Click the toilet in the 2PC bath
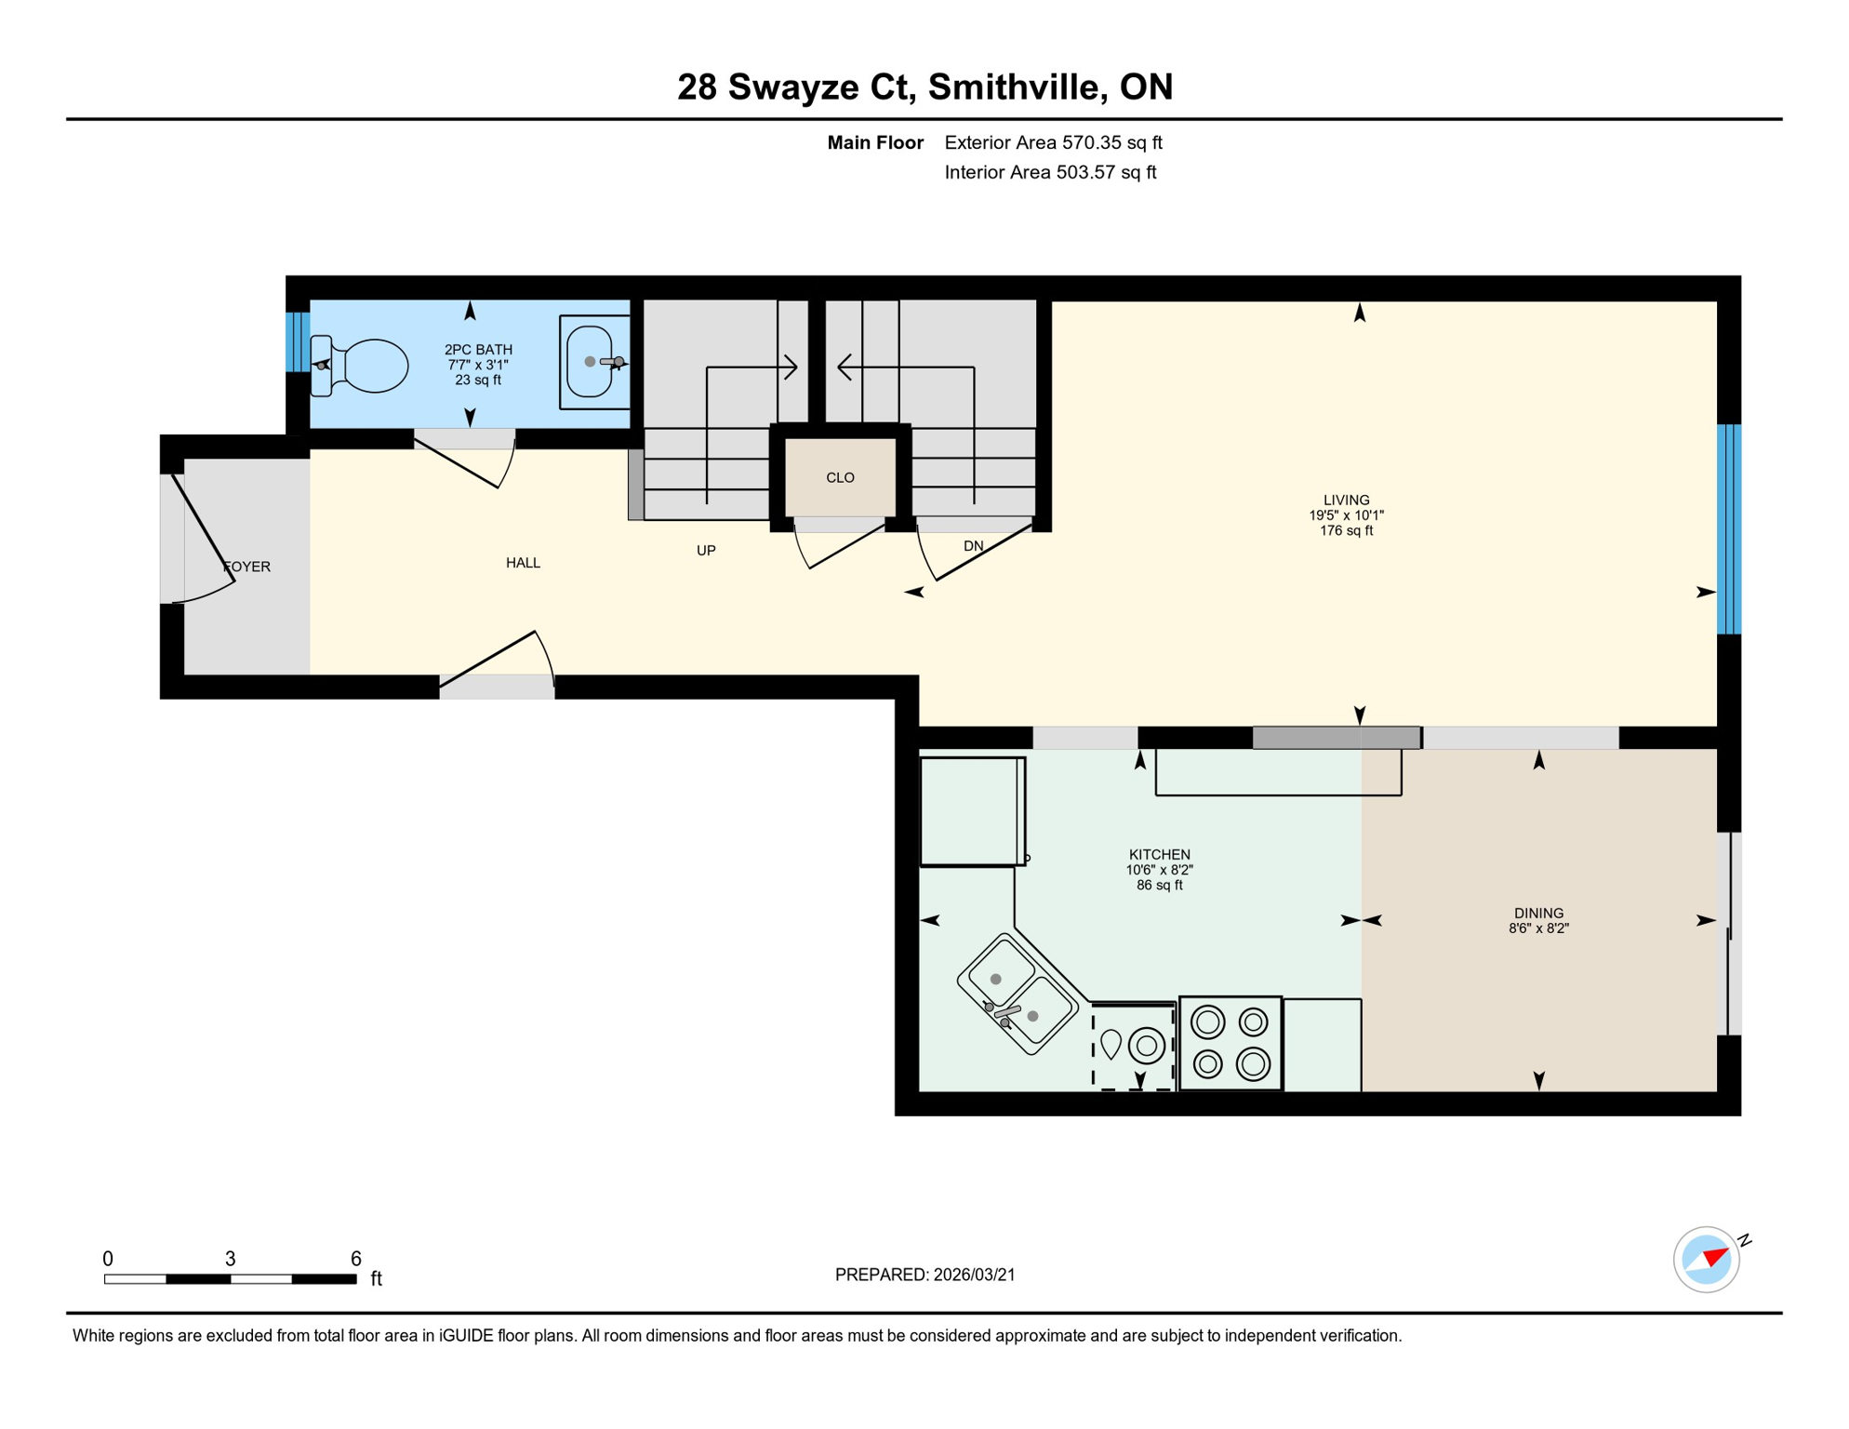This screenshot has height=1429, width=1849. pyautogui.click(x=365, y=366)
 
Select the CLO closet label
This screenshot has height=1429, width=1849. pyautogui.click(x=840, y=478)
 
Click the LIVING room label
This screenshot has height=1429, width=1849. pyautogui.click(x=1346, y=501)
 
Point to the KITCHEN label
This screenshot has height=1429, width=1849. pyautogui.click(x=1159, y=855)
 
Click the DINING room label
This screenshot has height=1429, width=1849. pyautogui.click(x=1538, y=914)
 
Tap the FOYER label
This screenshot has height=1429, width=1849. pyautogui.click(x=246, y=567)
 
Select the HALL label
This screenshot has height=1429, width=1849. pyautogui.click(x=523, y=563)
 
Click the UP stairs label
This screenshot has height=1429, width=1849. pyautogui.click(x=706, y=551)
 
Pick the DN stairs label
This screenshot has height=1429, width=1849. pyautogui.click(x=973, y=546)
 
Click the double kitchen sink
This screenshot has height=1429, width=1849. pyautogui.click(x=1017, y=995)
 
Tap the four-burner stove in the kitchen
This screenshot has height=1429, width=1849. pyautogui.click(x=1230, y=1043)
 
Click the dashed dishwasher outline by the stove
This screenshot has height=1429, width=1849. pyautogui.click(x=1133, y=1046)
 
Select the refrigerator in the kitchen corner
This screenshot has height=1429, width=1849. pyautogui.click(x=971, y=811)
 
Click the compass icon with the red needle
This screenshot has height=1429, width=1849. pyautogui.click(x=1706, y=1260)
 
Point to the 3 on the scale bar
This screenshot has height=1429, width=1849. pyautogui.click(x=231, y=1259)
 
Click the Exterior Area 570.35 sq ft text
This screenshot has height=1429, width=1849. pyautogui.click(x=1053, y=142)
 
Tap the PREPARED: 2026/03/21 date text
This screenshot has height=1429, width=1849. pyautogui.click(x=924, y=1275)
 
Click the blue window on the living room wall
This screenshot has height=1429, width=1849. pyautogui.click(x=1728, y=529)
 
